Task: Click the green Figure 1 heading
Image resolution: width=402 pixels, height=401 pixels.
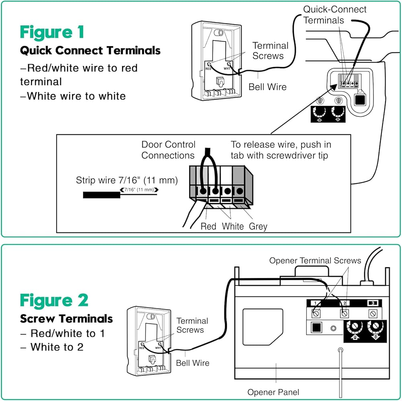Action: click(52, 32)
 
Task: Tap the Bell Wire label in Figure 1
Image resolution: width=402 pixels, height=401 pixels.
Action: click(267, 87)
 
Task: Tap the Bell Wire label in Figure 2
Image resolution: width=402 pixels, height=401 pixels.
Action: click(193, 363)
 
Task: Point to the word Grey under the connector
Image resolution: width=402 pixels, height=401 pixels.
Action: click(258, 226)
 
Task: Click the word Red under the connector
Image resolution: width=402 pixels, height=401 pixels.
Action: click(208, 226)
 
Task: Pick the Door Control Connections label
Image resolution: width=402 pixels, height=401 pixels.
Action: click(168, 150)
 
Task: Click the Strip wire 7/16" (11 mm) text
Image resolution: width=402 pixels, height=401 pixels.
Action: click(127, 180)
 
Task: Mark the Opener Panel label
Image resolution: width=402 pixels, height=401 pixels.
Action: click(273, 392)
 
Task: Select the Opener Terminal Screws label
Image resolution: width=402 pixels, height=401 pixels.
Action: click(315, 261)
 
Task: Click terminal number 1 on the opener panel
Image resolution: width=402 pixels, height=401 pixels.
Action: click(316, 303)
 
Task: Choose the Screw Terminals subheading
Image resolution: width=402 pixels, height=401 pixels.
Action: click(66, 319)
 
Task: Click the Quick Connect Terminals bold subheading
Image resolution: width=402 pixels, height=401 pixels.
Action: click(90, 51)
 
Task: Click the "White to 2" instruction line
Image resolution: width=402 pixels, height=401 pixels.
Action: click(57, 347)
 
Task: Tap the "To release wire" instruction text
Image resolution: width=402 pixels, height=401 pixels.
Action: click(281, 150)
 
